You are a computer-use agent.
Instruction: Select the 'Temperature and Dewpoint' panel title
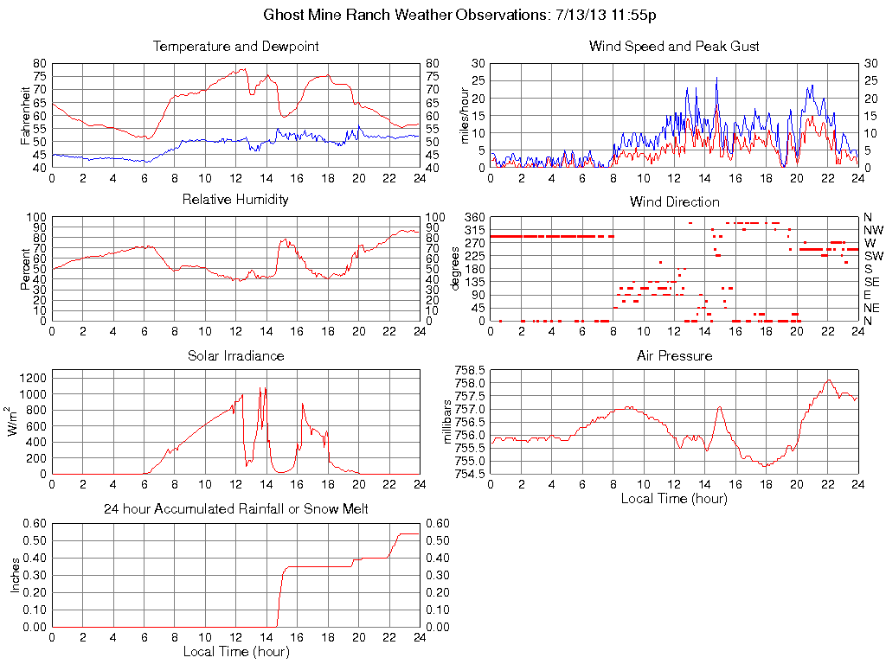point(235,46)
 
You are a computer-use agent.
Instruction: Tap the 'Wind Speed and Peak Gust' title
point(674,46)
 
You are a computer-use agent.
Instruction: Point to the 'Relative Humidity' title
point(235,200)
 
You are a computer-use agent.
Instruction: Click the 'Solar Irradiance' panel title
point(235,355)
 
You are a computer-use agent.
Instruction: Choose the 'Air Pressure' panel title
point(674,355)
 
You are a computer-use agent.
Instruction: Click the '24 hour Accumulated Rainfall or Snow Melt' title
point(235,509)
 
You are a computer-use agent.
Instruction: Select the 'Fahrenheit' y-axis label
point(27,115)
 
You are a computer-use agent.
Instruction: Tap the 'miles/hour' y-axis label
point(465,115)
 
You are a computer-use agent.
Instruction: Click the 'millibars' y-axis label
point(446,421)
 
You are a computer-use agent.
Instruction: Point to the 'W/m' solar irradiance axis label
point(15,421)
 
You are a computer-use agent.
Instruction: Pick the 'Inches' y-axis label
point(15,575)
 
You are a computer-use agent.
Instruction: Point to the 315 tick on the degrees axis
point(472,230)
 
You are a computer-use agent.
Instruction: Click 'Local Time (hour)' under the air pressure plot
point(674,498)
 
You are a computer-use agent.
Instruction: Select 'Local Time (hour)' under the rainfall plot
point(235,651)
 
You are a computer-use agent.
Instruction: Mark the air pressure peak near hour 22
point(828,380)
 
